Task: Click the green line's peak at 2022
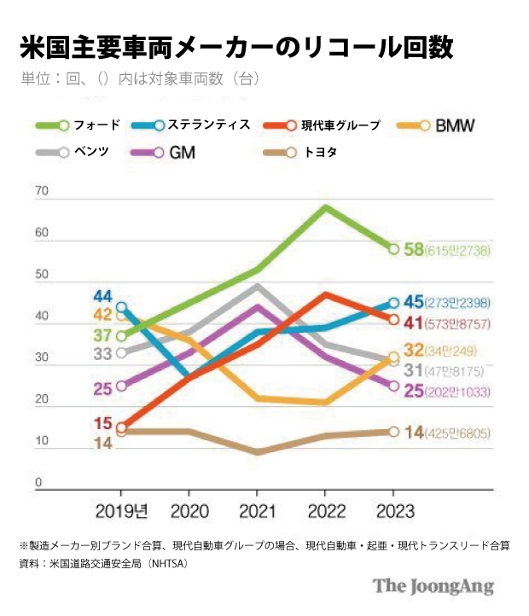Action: point(325,206)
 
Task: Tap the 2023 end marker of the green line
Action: point(393,249)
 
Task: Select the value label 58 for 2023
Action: point(415,249)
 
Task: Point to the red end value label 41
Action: point(415,322)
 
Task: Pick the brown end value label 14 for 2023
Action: point(415,432)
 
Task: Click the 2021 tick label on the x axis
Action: point(257,511)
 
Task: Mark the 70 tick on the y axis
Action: point(39,193)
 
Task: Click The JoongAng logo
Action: point(433,586)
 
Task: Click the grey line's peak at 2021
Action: point(258,286)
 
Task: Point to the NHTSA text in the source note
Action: point(166,563)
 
